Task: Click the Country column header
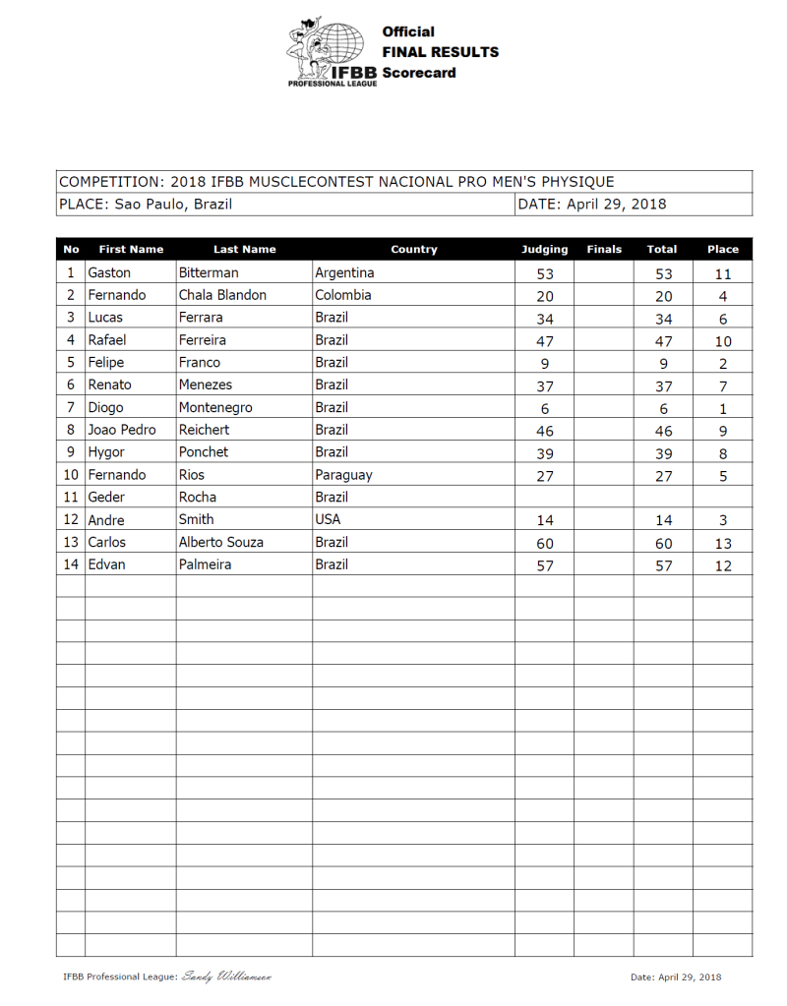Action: pos(413,250)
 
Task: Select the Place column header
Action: pos(722,250)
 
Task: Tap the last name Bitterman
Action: pos(209,272)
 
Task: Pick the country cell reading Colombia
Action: pos(343,295)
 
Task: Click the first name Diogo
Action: pos(106,407)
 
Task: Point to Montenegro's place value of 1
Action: pos(723,408)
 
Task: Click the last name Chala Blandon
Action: pos(222,295)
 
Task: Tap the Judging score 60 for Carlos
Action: pos(545,544)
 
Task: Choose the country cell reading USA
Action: pos(329,519)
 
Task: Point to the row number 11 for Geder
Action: pos(70,498)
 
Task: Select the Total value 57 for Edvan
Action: pos(664,566)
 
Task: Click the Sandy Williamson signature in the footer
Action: pos(226,976)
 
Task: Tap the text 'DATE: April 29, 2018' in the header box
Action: pos(591,205)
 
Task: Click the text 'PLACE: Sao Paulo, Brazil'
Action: pos(146,205)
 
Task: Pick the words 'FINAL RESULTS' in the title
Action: pos(440,52)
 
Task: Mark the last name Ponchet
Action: pos(204,452)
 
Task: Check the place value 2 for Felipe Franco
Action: pos(723,363)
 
